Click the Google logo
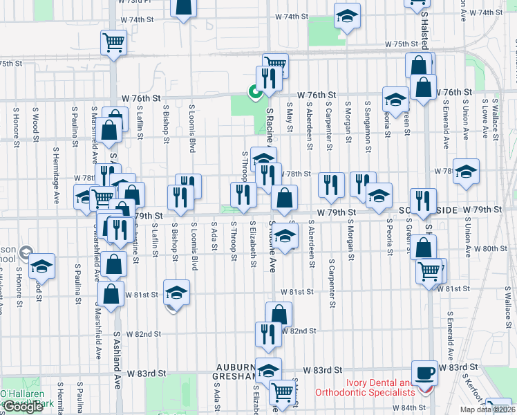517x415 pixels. pyautogui.click(x=23, y=407)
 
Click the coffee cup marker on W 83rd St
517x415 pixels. pyautogui.click(x=425, y=371)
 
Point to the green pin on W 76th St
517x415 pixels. pyautogui.click(x=255, y=90)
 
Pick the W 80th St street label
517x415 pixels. pyautogui.click(x=492, y=248)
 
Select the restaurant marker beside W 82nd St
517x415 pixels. pyautogui.click(x=268, y=333)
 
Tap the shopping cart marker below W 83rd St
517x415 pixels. pyautogui.click(x=282, y=392)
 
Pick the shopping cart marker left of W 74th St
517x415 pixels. pyautogui.click(x=113, y=41)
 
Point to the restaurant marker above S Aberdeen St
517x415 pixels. pyautogui.click(x=331, y=183)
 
